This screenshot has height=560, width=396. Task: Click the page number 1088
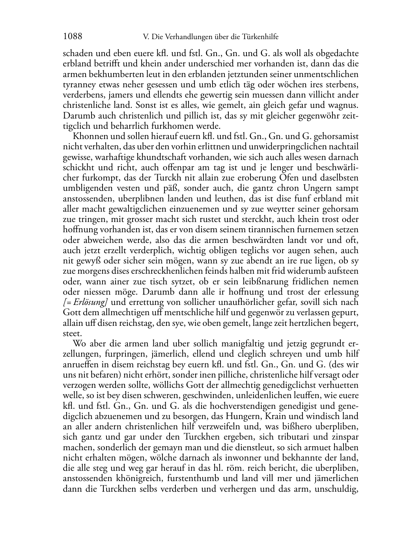coord(73,37)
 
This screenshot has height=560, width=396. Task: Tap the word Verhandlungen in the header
coord(180,37)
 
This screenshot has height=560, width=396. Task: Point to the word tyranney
coord(77,85)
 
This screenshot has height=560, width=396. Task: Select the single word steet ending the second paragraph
coord(71,333)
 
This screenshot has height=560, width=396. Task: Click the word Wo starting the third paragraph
coord(78,343)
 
